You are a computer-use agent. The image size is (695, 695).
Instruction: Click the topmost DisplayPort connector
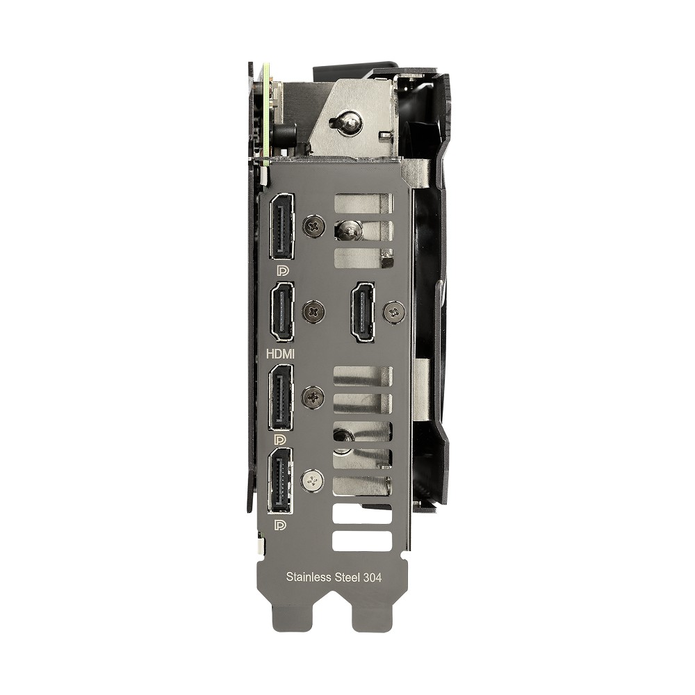pos(281,227)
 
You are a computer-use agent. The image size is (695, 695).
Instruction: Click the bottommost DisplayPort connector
pos(280,481)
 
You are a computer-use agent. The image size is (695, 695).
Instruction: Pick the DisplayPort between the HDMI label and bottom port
pos(281,397)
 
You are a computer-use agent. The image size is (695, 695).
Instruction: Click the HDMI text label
pos(280,354)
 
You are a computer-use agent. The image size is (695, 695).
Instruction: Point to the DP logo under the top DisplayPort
pos(282,270)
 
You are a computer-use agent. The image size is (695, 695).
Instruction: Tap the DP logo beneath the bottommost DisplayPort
pos(280,525)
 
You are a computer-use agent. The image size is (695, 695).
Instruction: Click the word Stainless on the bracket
pos(309,577)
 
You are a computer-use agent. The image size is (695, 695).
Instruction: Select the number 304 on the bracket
pos(373,577)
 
